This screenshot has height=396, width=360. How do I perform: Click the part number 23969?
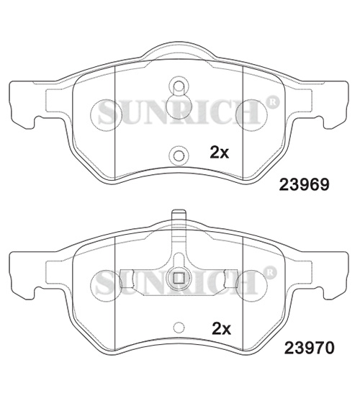tap(304, 184)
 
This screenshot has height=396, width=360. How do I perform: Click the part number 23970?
tap(309, 348)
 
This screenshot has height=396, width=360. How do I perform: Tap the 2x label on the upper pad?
tap(220, 152)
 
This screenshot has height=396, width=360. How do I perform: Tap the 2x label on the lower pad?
tap(221, 328)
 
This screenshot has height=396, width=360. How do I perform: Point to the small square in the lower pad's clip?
tap(179, 278)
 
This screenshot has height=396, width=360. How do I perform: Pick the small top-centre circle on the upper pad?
tap(179, 86)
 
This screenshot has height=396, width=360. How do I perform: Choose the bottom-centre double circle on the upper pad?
tap(179, 156)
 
